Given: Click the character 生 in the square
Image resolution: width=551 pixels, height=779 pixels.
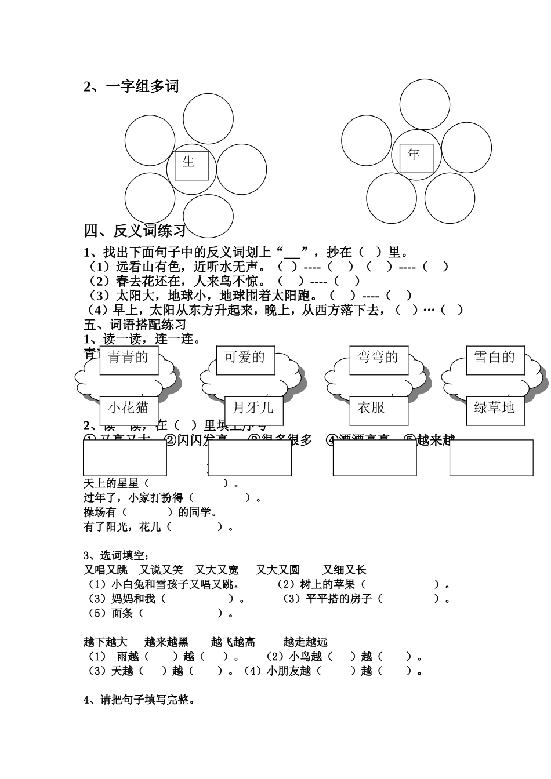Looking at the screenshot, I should [188, 162].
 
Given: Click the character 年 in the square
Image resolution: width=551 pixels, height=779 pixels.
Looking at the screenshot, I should [414, 155].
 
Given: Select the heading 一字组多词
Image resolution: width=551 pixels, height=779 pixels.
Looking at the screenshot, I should [143, 87].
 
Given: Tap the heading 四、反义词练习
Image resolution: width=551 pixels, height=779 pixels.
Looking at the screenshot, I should [135, 231].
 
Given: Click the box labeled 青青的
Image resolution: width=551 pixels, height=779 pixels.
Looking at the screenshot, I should [128, 358].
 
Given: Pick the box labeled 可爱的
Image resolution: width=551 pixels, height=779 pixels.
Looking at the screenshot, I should [245, 358].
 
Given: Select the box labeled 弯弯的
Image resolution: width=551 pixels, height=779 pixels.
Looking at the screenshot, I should [378, 358].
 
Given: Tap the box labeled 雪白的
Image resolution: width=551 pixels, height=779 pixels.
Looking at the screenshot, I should [495, 358].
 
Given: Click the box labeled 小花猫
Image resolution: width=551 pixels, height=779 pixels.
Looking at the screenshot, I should [128, 408].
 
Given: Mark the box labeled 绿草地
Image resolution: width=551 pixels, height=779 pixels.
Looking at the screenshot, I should [495, 408].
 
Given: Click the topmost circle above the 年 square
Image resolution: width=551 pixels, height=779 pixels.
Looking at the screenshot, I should [425, 104].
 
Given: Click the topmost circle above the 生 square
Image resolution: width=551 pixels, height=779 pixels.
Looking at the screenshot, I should [208, 119].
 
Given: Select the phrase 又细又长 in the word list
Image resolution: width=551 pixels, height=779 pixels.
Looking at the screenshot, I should [345, 570].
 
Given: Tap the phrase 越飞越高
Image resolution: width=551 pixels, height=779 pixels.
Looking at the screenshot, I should [233, 642].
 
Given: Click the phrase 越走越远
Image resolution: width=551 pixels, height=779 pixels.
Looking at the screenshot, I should [306, 642].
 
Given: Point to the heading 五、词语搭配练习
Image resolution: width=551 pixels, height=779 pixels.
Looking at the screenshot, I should [135, 325].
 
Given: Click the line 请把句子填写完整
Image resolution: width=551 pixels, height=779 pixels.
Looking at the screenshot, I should [139, 700].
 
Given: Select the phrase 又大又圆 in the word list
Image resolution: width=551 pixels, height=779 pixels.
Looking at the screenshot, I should [278, 570].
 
